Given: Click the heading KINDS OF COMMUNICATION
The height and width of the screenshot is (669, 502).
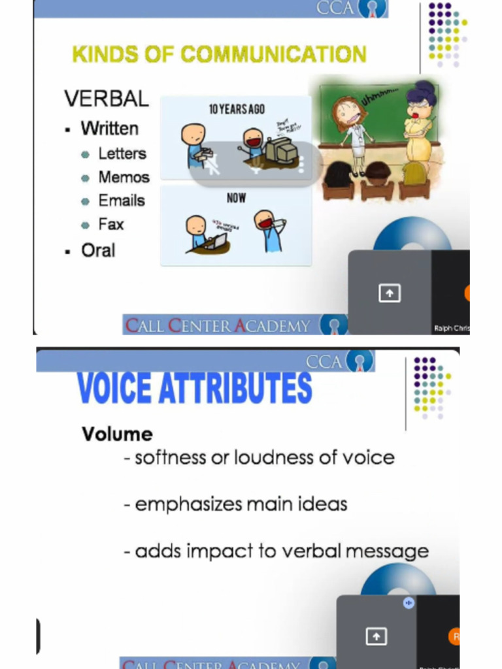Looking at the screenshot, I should point(219,55).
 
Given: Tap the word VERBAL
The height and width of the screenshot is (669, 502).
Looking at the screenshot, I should point(107,99).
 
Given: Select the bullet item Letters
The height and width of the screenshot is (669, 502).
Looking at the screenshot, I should point(122,154).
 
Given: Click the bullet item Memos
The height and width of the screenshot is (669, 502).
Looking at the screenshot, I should point(124,177).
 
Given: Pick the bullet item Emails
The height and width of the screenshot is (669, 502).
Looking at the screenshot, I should point(121,201).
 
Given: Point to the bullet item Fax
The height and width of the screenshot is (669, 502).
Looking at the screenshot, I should point(110,224).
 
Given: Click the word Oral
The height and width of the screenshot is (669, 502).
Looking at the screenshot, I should point(98,250).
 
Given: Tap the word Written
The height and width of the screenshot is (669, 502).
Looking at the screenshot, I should point(109,128).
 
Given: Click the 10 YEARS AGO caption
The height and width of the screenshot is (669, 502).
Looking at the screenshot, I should point(237,109).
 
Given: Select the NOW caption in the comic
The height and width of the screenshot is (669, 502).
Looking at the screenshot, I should point(236,197).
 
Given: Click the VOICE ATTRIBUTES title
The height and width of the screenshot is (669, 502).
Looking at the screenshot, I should point(194,388).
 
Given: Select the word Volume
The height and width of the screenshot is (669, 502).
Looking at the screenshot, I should point(117,434).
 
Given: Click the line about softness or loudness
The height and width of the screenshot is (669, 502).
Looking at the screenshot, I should point(259,457).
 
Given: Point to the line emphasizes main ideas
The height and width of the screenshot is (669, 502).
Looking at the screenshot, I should point(235,504).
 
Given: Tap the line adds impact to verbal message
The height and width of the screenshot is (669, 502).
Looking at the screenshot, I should point(276,551).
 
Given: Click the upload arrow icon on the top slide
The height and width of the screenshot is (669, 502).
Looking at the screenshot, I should point(390,294).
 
